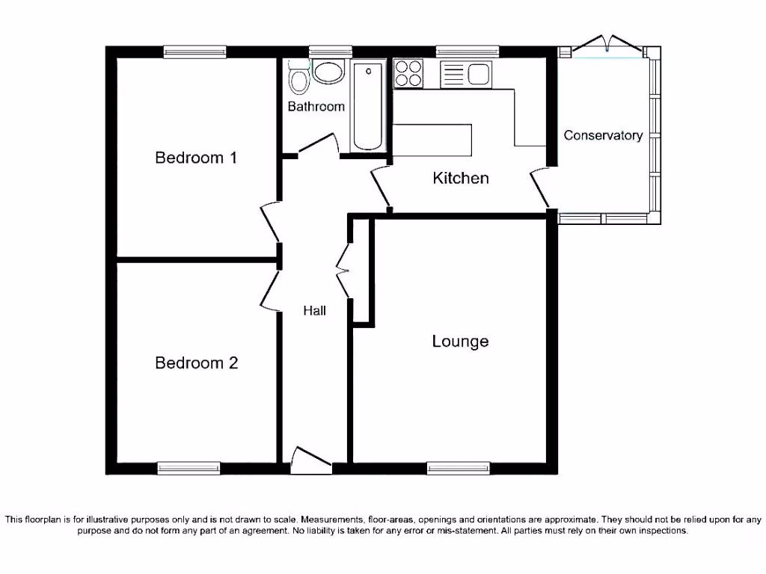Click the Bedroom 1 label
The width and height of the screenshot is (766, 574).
(196, 158)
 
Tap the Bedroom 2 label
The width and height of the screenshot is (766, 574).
(196, 363)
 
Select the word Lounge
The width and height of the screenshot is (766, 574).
(460, 342)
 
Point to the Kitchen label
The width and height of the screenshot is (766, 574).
(461, 178)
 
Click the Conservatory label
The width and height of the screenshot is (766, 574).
(603, 135)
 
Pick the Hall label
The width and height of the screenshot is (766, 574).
(314, 310)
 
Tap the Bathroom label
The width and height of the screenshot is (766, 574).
(316, 107)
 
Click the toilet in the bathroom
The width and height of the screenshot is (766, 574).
(298, 81)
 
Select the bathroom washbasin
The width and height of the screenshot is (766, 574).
(328, 72)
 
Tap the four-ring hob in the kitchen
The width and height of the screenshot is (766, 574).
(408, 73)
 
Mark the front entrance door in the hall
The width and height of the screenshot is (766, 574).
(310, 459)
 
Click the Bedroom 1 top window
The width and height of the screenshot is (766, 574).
(195, 52)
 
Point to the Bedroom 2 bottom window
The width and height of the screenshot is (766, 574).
(189, 468)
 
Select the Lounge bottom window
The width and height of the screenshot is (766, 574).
(458, 468)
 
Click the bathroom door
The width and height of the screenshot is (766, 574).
(319, 143)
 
